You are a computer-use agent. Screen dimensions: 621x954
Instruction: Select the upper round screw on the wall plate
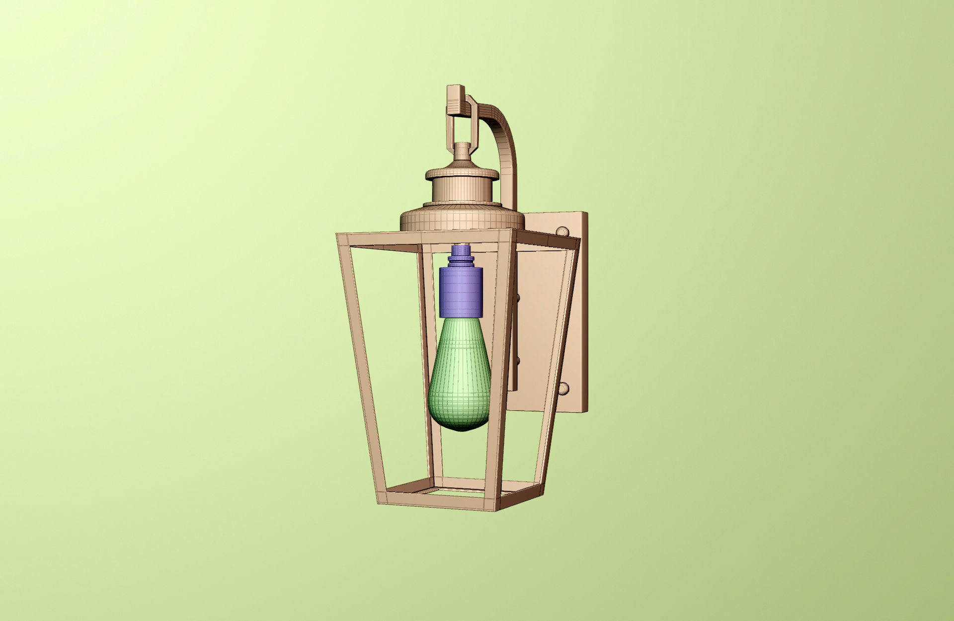click(x=562, y=232)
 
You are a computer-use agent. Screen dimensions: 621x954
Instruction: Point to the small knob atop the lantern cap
click(x=463, y=150)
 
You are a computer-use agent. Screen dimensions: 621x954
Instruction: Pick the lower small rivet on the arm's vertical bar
click(x=518, y=359)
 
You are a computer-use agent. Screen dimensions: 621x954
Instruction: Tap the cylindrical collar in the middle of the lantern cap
click(x=462, y=191)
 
